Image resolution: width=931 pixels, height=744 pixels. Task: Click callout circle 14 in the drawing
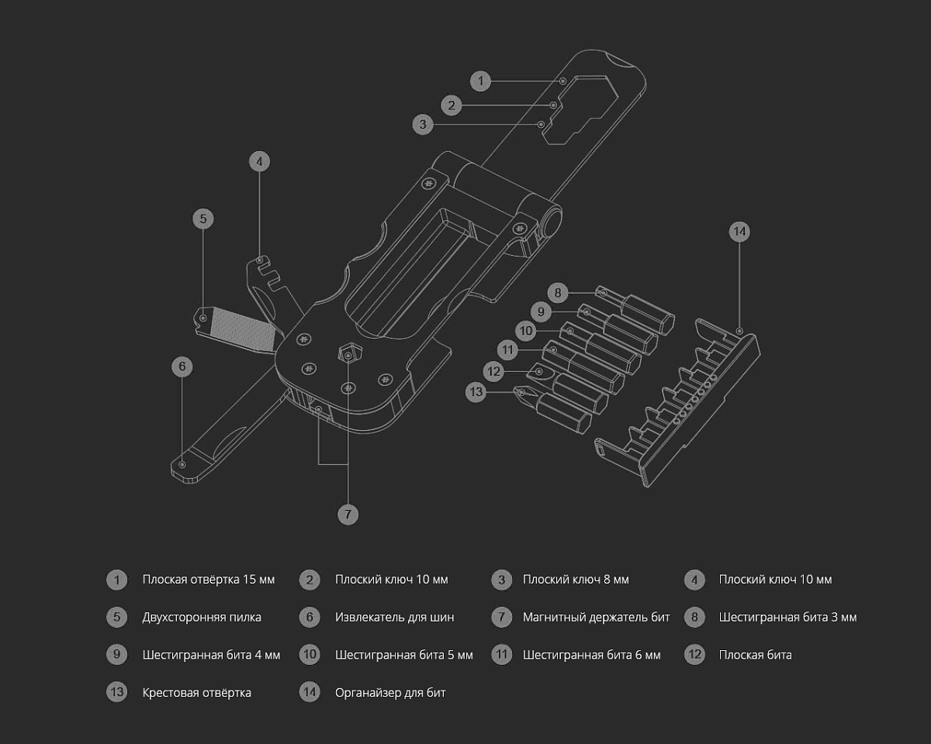[x=739, y=231]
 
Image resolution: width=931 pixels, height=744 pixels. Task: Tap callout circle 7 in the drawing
[x=348, y=514]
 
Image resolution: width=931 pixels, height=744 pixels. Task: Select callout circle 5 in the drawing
[x=202, y=219]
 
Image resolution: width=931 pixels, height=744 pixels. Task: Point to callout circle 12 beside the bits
[x=494, y=371]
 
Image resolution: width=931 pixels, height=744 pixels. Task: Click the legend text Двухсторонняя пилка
[x=202, y=617]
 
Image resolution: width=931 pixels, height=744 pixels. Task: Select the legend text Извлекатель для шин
[x=394, y=617]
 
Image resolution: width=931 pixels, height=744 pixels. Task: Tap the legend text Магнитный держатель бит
[x=596, y=617]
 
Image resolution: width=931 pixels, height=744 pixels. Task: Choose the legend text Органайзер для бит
[x=390, y=692]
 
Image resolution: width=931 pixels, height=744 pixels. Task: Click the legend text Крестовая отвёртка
[x=196, y=692]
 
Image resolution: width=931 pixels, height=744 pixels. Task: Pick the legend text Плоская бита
[x=755, y=655]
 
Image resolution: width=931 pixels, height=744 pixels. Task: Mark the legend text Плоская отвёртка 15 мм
[x=208, y=580]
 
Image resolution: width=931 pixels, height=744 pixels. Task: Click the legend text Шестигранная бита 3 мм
[x=787, y=617]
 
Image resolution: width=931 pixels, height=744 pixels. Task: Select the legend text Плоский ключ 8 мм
[x=576, y=580]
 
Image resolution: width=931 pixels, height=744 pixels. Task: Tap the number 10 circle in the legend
[x=310, y=655]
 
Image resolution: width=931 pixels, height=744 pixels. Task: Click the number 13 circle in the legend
[x=117, y=692]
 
